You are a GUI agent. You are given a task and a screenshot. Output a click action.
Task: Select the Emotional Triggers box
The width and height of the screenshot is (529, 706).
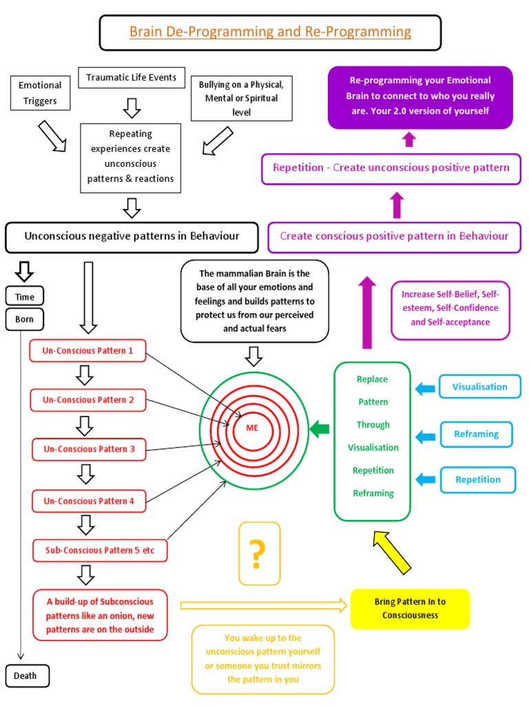coord(40,93)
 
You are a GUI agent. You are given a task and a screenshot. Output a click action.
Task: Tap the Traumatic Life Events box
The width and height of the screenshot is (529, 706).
coord(131,78)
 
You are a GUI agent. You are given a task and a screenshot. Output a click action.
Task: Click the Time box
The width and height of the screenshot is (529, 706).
coord(25,296)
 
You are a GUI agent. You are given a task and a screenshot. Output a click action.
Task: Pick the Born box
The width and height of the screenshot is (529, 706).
coord(25,319)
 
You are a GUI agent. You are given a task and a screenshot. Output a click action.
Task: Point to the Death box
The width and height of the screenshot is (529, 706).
coord(25,675)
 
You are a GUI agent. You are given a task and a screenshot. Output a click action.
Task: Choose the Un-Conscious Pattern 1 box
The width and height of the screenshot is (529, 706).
coord(88,350)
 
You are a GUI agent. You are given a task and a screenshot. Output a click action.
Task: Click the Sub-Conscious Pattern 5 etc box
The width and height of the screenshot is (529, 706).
coord(100,550)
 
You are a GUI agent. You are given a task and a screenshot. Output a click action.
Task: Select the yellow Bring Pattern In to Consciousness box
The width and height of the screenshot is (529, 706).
coord(410,608)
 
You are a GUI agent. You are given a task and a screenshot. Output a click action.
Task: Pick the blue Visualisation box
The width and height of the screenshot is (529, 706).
coord(479,387)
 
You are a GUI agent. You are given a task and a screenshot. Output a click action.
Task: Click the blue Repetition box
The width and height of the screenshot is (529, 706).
coord(477,480)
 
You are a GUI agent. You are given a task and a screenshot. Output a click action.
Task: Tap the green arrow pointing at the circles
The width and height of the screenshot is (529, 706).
coord(320,430)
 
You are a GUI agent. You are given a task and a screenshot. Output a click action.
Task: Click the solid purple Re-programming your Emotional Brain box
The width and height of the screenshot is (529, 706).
coord(419,97)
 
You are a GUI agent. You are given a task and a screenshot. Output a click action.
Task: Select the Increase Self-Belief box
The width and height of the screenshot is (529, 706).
coord(450,310)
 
